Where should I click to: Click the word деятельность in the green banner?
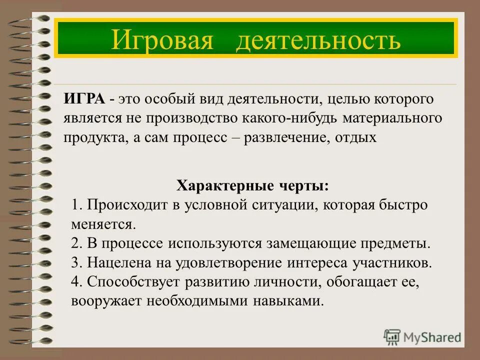coord(318,39)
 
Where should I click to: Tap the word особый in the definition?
coord(168,99)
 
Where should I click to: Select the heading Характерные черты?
coord(252,186)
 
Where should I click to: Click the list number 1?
coord(76,205)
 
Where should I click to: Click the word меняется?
coord(103,224)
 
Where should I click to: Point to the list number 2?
coord(76,243)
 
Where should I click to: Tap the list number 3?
coord(76,262)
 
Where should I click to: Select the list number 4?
coord(76,282)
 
